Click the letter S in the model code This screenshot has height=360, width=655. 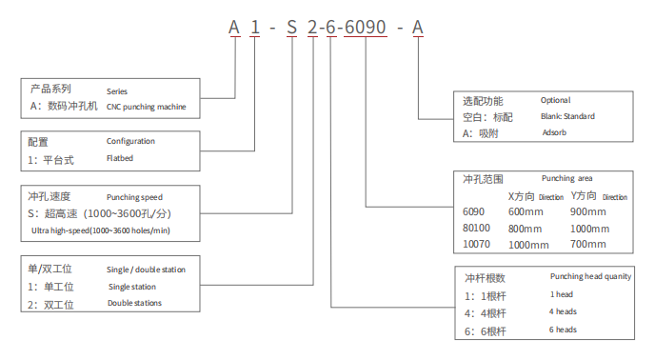[292, 28]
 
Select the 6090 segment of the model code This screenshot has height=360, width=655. [366, 28]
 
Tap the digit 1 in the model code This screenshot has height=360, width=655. [255, 28]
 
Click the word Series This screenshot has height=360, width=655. [117, 91]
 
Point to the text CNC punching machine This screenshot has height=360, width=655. [147, 107]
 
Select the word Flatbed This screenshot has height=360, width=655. [120, 158]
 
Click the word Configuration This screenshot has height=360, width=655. [130, 141]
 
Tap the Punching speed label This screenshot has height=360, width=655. [134, 197]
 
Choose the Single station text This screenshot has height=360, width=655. [132, 287]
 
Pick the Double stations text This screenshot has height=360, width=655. [134, 303]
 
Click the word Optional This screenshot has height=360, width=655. [556, 100]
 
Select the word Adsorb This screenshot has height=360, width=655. [554, 132]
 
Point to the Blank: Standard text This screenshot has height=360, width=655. [567, 116]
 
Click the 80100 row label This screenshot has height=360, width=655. [476, 228]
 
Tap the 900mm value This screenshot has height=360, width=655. [588, 211]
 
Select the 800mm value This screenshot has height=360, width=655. [526, 229]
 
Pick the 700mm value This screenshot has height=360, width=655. [588, 244]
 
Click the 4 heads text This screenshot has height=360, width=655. [563, 311]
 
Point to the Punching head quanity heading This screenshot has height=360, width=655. [590, 276]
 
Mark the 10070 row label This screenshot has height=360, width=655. [476, 244]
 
